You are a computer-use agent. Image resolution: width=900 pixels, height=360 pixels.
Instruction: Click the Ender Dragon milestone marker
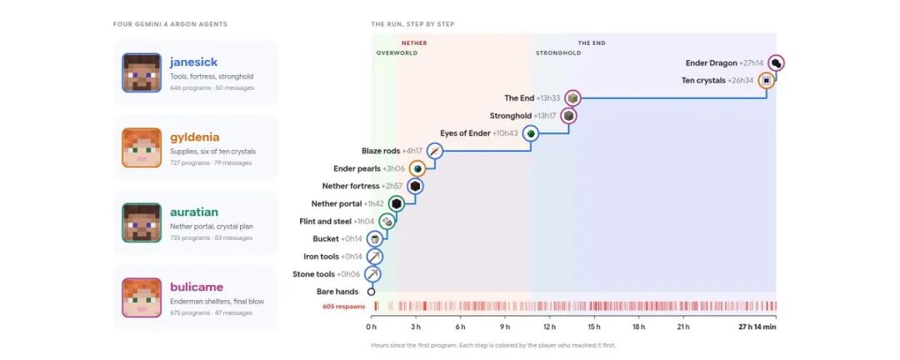(x=776, y=63)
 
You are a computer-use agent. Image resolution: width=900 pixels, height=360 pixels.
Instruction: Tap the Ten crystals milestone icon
(x=766, y=81)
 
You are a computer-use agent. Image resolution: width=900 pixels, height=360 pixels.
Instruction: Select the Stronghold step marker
(x=568, y=116)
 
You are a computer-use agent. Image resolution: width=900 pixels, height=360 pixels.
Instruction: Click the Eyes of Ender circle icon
(x=531, y=134)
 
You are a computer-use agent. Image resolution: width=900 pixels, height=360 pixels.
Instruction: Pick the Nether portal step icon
(x=396, y=204)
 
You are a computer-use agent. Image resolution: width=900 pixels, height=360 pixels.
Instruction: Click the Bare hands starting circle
(x=371, y=292)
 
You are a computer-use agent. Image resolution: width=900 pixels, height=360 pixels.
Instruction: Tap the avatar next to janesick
(x=141, y=73)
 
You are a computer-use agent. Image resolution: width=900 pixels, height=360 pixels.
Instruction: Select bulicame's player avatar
(x=141, y=297)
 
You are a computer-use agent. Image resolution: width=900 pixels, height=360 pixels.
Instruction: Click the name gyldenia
(x=194, y=137)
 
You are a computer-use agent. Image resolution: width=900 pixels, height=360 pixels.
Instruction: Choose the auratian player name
(x=194, y=212)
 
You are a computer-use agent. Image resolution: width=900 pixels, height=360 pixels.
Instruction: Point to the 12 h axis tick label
(x=549, y=327)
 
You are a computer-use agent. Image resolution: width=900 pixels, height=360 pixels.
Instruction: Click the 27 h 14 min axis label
(x=757, y=327)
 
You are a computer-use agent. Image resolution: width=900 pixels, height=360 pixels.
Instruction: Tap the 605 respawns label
(x=344, y=307)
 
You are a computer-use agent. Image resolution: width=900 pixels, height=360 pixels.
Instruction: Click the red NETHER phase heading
(x=414, y=43)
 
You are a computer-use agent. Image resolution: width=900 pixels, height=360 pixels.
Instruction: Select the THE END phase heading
(x=591, y=43)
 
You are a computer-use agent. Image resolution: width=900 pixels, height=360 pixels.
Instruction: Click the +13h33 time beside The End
(x=547, y=98)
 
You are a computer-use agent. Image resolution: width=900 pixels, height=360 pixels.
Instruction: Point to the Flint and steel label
(x=326, y=222)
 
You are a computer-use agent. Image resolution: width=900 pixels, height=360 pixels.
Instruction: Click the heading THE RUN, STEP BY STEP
(x=412, y=24)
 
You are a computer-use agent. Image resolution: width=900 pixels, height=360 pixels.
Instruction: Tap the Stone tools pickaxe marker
(x=373, y=274)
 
